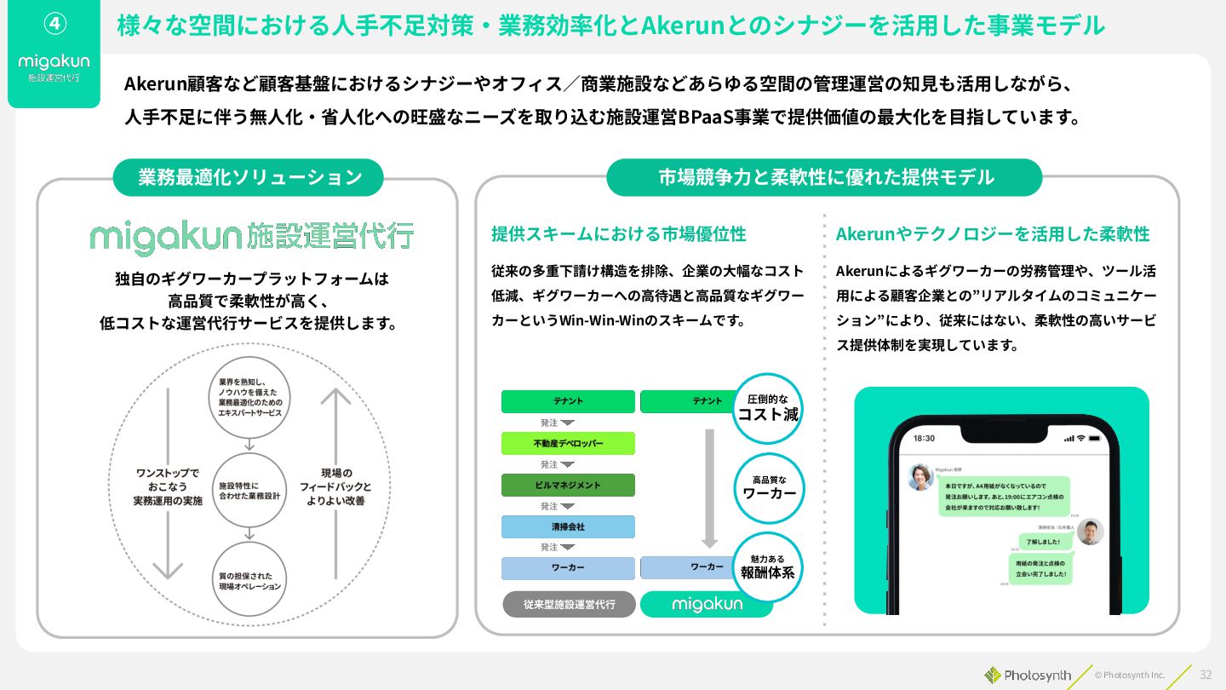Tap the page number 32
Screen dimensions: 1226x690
coord(1206,675)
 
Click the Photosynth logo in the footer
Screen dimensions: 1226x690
coord(1028,675)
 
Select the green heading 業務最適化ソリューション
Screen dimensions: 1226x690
coord(249,177)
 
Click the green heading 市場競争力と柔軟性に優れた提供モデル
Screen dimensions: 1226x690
coord(825,177)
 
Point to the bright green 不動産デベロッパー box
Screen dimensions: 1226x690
coord(568,443)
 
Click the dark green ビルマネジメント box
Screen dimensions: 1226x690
coord(568,485)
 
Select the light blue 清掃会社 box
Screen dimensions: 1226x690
coord(568,526)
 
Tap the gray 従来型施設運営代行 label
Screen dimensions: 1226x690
coord(569,604)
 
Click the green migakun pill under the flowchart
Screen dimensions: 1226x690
coord(707,604)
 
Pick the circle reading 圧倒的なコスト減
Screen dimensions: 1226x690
coord(768,408)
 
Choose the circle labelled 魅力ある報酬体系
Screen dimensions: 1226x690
coord(768,566)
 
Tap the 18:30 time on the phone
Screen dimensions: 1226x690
coord(924,438)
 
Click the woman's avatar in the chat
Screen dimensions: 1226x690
coord(920,477)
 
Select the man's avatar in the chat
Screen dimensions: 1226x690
coord(1090,532)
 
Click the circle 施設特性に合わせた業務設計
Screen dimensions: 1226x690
coord(249,490)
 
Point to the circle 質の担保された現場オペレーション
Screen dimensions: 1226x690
coord(249,581)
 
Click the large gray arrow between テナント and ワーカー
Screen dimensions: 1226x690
coord(709,487)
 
